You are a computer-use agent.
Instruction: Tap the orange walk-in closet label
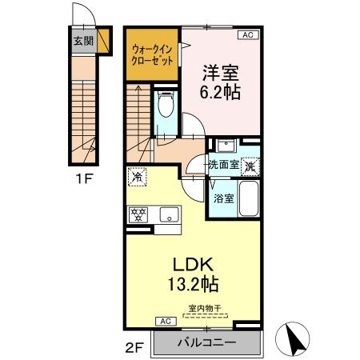(152, 56)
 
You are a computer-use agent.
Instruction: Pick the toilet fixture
(166, 108)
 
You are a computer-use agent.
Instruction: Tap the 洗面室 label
(223, 165)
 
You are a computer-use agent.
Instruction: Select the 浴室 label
(223, 198)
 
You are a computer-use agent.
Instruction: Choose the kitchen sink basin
(169, 214)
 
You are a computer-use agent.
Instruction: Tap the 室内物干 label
(206, 308)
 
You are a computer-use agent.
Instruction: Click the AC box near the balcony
(166, 321)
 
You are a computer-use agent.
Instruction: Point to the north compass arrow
(293, 339)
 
